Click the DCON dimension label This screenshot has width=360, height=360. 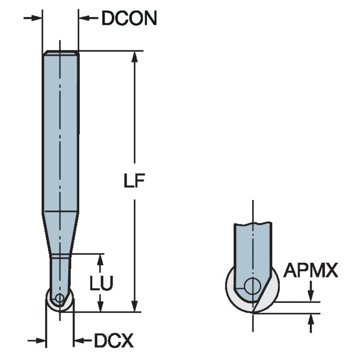129,18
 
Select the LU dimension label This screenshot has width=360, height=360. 101,284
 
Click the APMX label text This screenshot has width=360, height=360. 310,271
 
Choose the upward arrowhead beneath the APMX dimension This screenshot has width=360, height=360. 311,319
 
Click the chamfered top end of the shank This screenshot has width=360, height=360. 61,53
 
